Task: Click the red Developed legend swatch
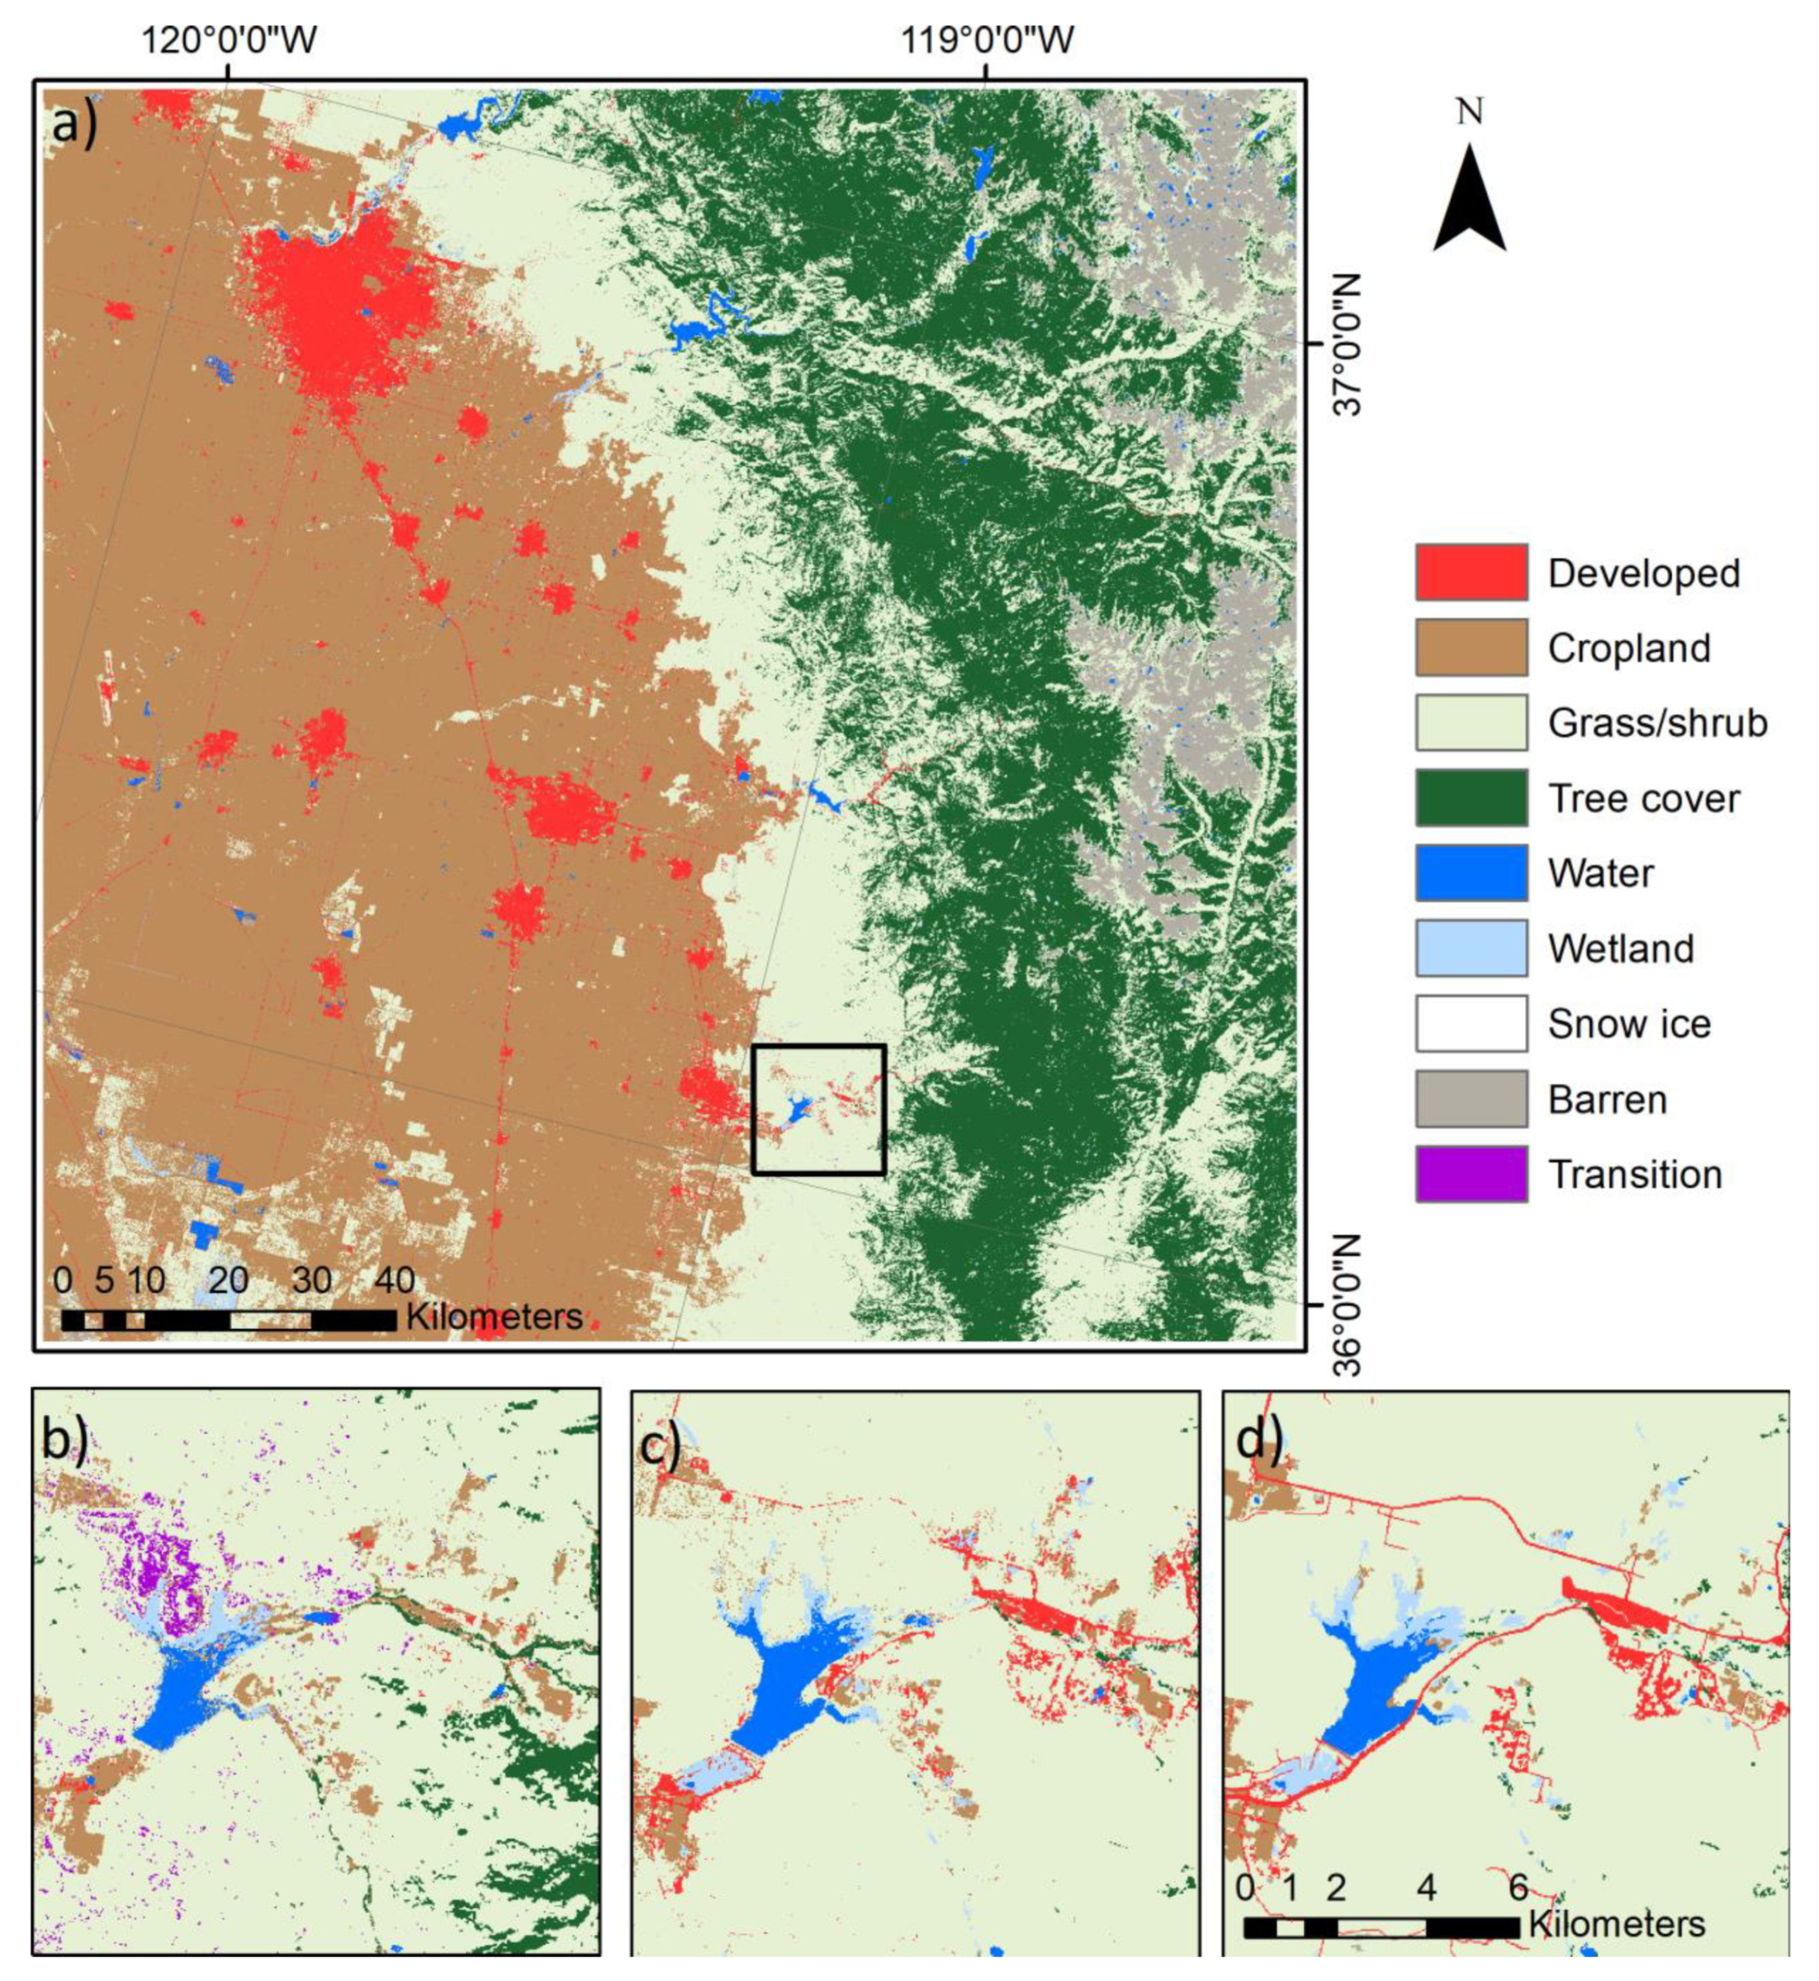tap(1471, 572)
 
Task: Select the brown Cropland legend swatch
tap(1471, 647)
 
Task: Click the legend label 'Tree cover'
tap(1643, 798)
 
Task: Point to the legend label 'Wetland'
tap(1620, 948)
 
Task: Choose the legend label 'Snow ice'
tap(1628, 1024)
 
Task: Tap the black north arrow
tap(1469, 202)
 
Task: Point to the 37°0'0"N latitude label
tap(1348, 344)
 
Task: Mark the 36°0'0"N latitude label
tap(1348, 1304)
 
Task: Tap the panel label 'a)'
tap(76, 125)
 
